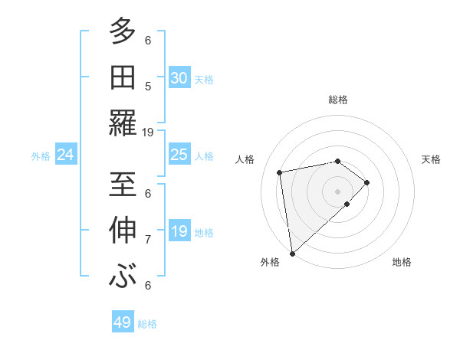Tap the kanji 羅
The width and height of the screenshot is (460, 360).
pyautogui.click(x=123, y=123)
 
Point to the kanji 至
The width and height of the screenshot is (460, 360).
pyautogui.click(x=123, y=184)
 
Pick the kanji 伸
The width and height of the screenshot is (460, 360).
pyautogui.click(x=123, y=230)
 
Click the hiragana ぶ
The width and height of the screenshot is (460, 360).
pyautogui.click(x=123, y=276)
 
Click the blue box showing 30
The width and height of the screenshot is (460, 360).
pyautogui.click(x=179, y=78)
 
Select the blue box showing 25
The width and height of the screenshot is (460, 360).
pyautogui.click(x=179, y=155)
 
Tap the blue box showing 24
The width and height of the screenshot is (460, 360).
pyautogui.click(x=66, y=155)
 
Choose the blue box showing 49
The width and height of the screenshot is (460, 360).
pyautogui.click(x=123, y=322)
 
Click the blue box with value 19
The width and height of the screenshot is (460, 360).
pyautogui.click(x=179, y=232)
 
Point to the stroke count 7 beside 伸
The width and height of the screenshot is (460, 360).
pyautogui.click(x=148, y=239)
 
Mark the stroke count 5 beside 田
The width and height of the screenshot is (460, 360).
pyautogui.click(x=148, y=86)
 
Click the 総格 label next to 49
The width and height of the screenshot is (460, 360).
pyautogui.click(x=147, y=324)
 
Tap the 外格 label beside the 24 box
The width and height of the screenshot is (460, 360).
pyautogui.click(x=41, y=156)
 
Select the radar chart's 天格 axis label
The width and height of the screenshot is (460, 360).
pyautogui.click(x=431, y=159)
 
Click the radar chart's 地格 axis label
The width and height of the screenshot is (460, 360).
pyautogui.click(x=402, y=262)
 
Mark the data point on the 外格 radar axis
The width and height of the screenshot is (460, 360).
pyautogui.click(x=292, y=253)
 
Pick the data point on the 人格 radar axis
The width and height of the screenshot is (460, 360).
pyautogui.click(x=281, y=172)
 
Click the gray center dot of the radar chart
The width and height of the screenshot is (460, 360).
pyautogui.click(x=337, y=190)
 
